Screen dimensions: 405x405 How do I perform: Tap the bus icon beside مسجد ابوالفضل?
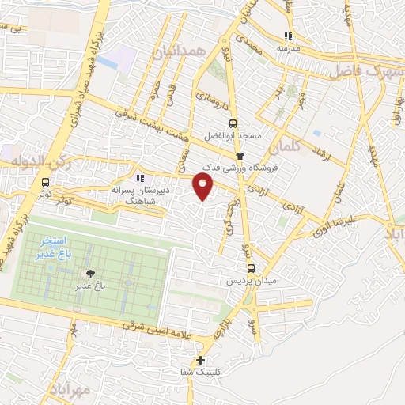pos(233,123)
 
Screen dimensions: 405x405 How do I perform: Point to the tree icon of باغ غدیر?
pos(92,273)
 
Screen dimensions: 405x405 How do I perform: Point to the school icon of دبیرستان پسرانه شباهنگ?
pos(142,179)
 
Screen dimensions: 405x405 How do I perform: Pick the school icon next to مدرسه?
pos(289,36)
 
